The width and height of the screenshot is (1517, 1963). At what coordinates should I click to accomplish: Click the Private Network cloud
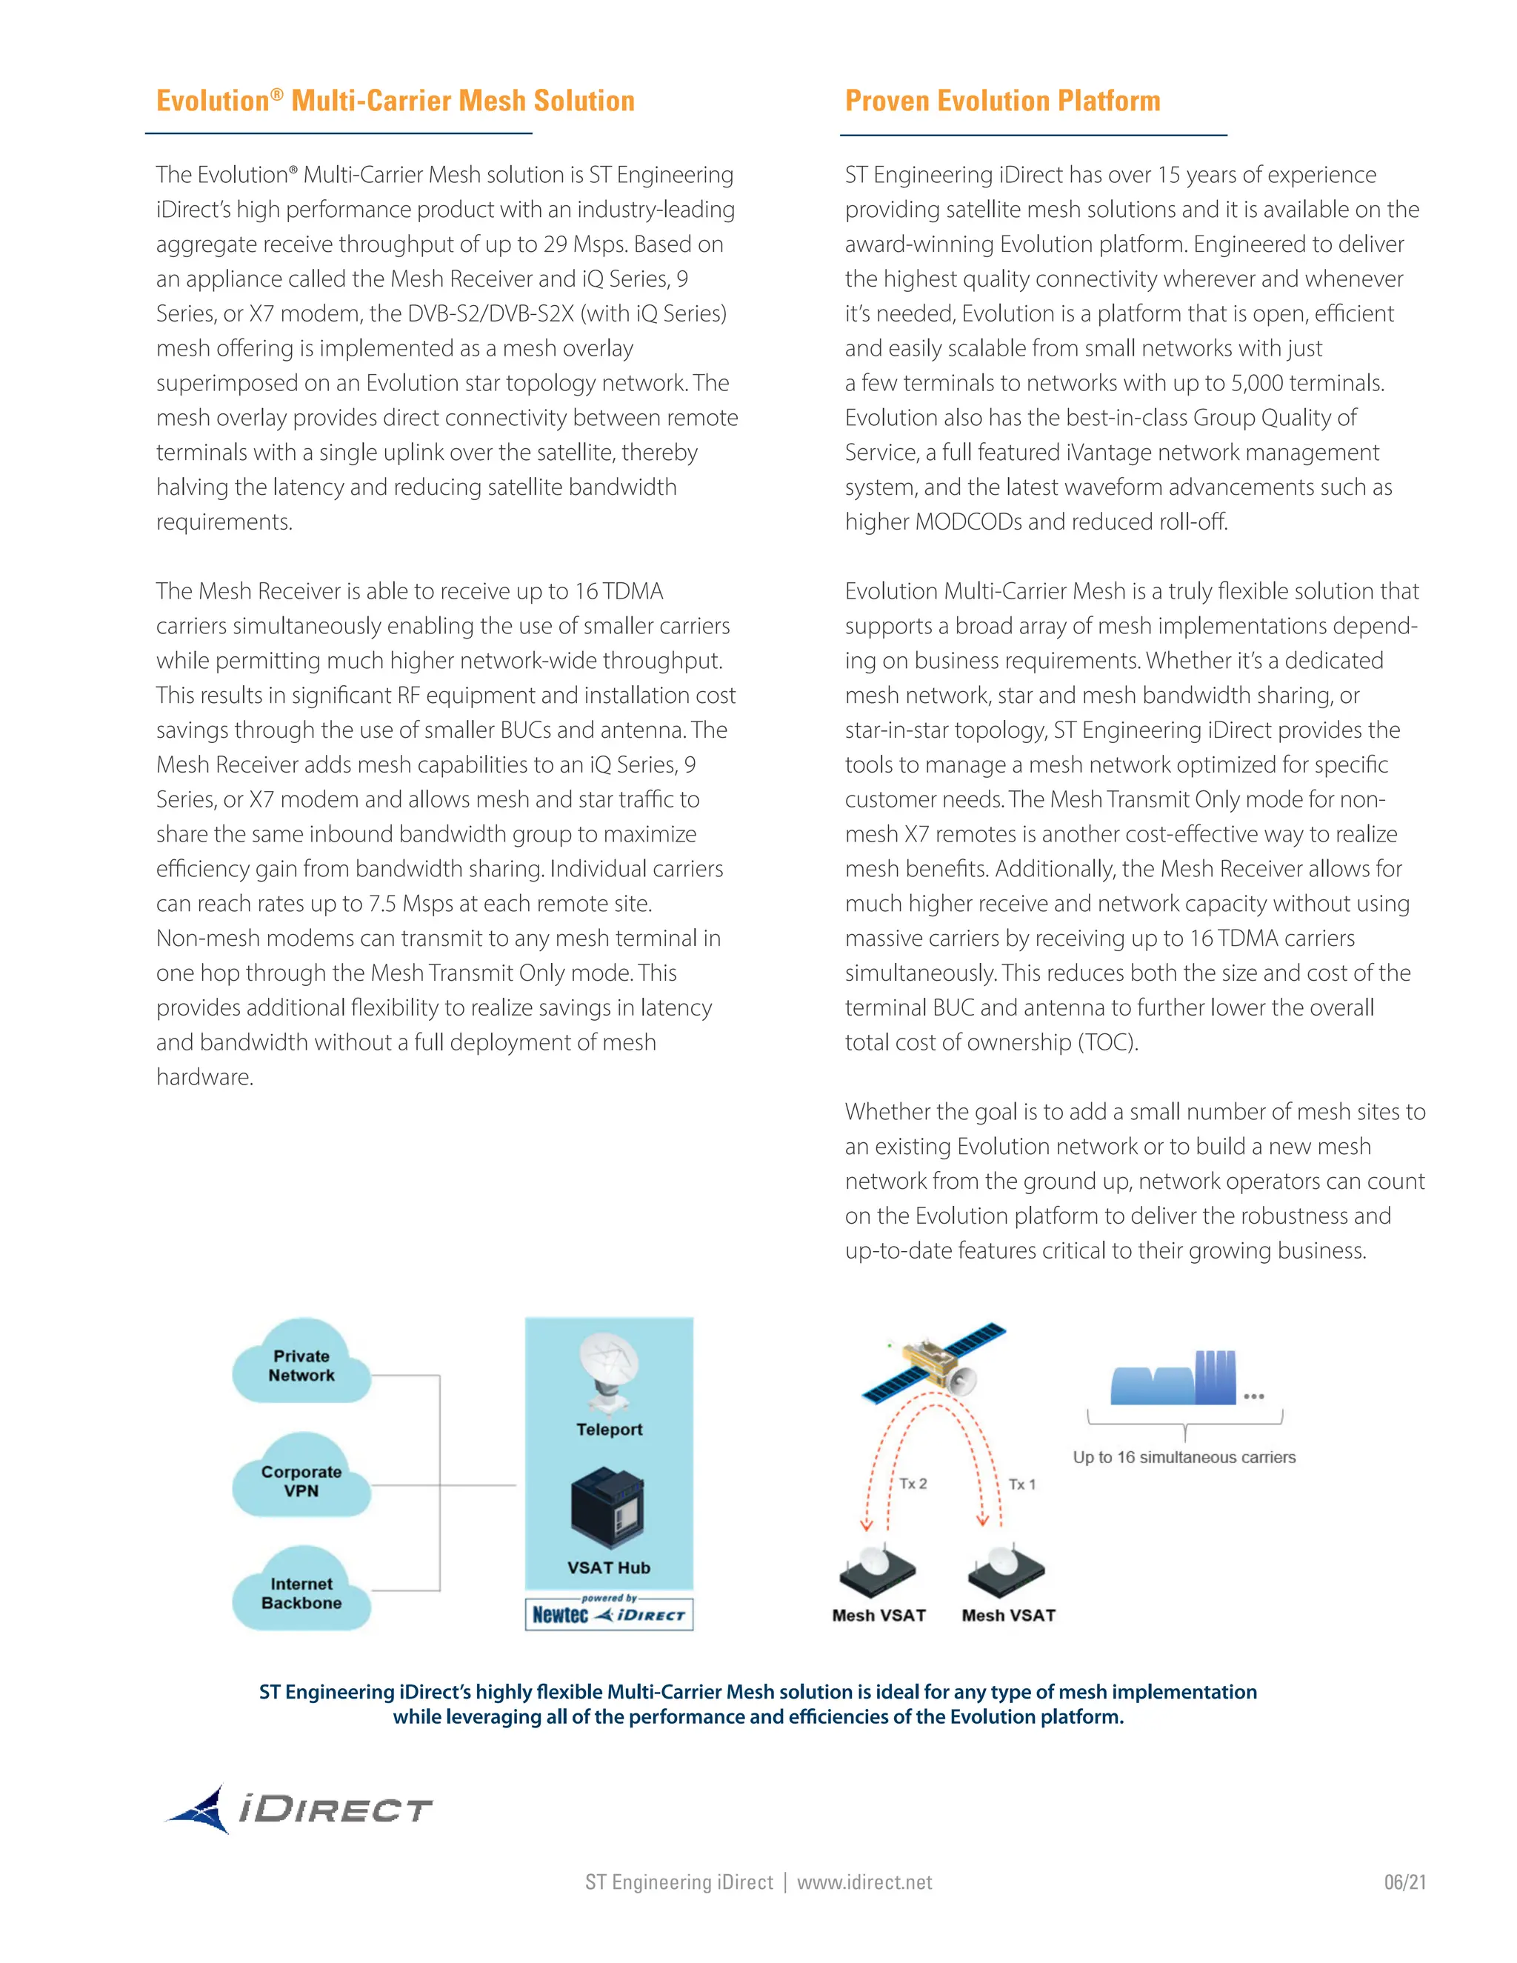pos(301,1364)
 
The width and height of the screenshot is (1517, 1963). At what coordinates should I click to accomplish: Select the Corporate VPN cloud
pos(301,1479)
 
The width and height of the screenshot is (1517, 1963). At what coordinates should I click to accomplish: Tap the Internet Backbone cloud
pos(301,1592)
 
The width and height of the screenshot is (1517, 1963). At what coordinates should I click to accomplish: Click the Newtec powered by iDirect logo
pos(608,1614)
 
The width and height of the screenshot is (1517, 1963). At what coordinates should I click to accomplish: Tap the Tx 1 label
pos(1021,1484)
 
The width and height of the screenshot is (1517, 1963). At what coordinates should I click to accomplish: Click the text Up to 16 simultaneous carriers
pos(1184,1457)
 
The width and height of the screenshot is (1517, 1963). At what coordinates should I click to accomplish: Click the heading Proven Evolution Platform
pos(1002,101)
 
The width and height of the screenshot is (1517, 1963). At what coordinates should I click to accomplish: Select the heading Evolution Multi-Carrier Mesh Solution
pos(396,101)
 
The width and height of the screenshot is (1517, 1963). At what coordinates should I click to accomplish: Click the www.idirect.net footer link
pos(864,1882)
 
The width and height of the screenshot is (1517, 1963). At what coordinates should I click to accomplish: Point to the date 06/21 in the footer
pos(1404,1882)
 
